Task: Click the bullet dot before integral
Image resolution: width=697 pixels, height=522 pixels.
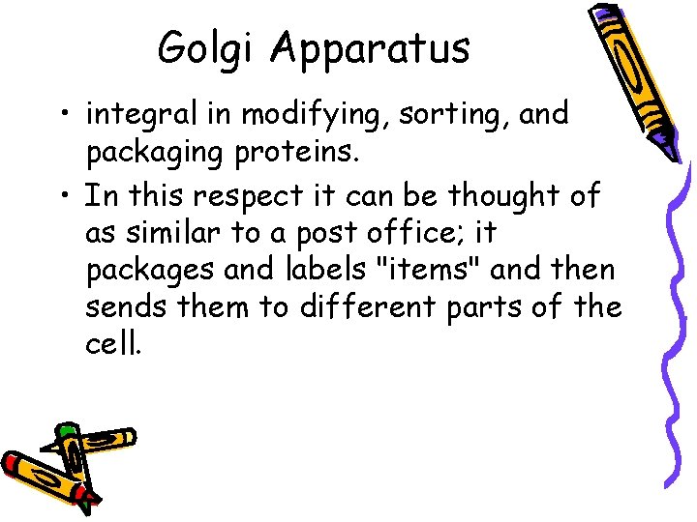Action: coord(65,118)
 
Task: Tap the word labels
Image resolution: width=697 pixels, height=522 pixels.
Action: coord(297,271)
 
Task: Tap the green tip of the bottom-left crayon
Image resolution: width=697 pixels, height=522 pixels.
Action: coord(66,431)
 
